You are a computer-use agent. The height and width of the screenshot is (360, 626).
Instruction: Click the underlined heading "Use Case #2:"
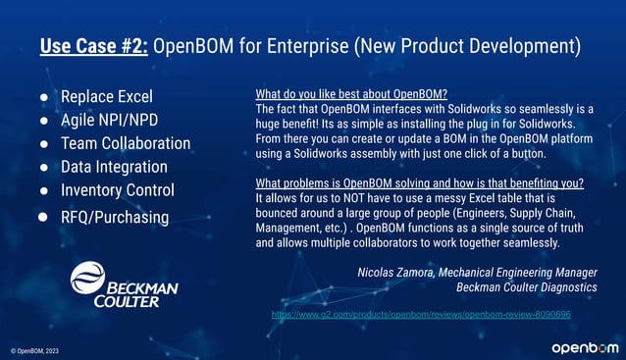pos(94,45)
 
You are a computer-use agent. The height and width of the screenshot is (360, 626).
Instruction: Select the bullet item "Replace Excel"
pos(107,97)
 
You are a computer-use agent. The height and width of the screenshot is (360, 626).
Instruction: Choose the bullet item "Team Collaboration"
pos(126,143)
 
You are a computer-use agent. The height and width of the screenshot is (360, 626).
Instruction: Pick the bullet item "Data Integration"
pos(114,167)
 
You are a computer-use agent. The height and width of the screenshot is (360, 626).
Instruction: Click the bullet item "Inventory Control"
pos(118,189)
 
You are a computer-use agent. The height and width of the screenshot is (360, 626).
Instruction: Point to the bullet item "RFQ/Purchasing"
pos(115,216)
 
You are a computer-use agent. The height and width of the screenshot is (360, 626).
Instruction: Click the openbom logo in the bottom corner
pos(583,348)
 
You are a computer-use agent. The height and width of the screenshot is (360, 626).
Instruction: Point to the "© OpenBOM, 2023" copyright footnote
pos(35,350)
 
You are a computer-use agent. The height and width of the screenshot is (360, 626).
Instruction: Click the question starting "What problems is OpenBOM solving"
pos(418,183)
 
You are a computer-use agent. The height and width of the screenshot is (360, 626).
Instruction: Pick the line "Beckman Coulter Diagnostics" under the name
pos(527,287)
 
